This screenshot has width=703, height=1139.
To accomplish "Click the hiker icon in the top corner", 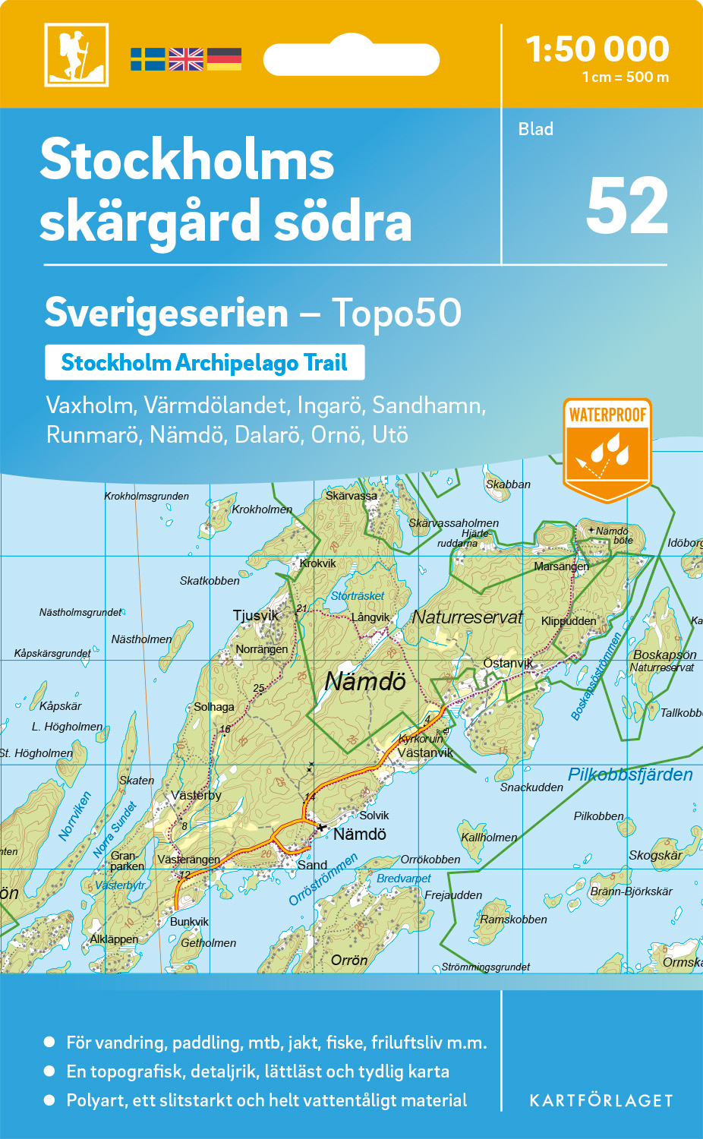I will pyautogui.click(x=76, y=55).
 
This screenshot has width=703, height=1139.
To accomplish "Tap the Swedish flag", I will pyautogui.click(x=147, y=59).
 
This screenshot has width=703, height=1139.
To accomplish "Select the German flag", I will pyautogui.click(x=224, y=59).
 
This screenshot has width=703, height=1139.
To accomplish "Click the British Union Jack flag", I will pyautogui.click(x=186, y=59).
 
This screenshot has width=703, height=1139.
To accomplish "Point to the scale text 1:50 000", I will pyautogui.click(x=597, y=49).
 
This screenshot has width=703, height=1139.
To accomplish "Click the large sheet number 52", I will pyautogui.click(x=627, y=207).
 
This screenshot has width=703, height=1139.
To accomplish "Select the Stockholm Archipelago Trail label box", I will pyautogui.click(x=204, y=362).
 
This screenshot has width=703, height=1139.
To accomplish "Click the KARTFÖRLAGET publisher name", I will pyautogui.click(x=601, y=1100).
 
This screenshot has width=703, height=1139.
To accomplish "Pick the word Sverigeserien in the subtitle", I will pyautogui.click(x=166, y=313).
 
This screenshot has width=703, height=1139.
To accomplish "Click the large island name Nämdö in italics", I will pyautogui.click(x=365, y=681).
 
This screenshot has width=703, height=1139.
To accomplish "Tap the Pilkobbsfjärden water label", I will pyautogui.click(x=630, y=775).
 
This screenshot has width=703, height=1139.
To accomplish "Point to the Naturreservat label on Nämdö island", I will pyautogui.click(x=467, y=617).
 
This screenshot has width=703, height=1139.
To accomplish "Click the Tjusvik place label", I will pyautogui.click(x=256, y=615).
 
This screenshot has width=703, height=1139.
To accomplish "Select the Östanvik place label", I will pyautogui.click(x=508, y=663).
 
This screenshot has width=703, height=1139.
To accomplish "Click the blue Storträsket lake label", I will pyautogui.click(x=358, y=596).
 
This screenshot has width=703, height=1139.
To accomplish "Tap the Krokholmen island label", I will pyautogui.click(x=262, y=510).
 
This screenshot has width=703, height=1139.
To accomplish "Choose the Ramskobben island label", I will pyautogui.click(x=513, y=920).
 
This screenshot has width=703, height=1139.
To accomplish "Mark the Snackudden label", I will pyautogui.click(x=531, y=787).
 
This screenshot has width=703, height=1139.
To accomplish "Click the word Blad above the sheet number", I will pyautogui.click(x=536, y=129).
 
